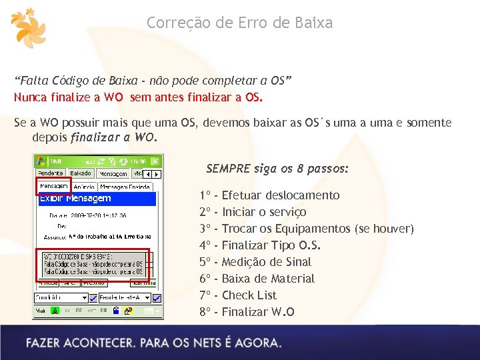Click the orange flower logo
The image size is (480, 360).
coord(29,29)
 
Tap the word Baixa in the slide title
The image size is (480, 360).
coord(310,23)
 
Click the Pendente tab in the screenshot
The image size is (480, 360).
coord(50,173)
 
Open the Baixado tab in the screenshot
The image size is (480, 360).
coord(81,173)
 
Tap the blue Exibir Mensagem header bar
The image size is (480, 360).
coord(97,199)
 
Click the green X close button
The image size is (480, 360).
coord(155,161)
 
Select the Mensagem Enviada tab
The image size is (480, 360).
coord(125,187)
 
